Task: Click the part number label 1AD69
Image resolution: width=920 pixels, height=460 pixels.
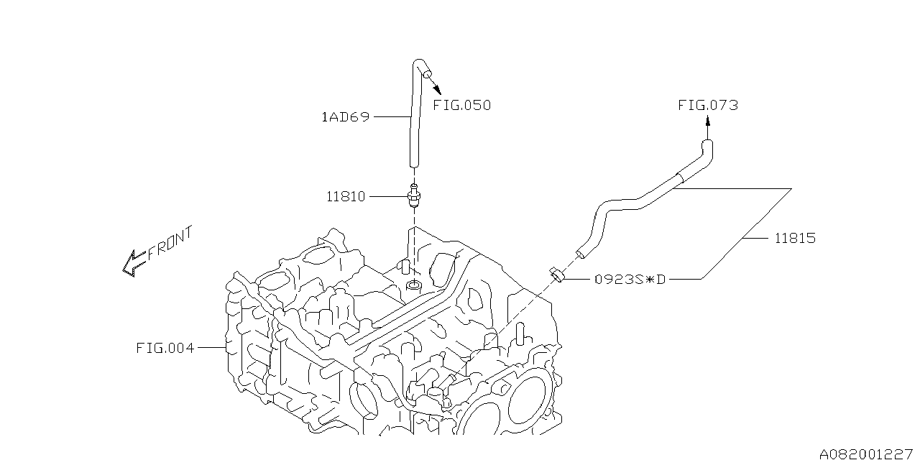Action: tap(346, 117)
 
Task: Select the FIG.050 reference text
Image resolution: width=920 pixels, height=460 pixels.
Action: tap(462, 106)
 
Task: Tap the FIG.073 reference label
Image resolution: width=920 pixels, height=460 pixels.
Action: tap(708, 106)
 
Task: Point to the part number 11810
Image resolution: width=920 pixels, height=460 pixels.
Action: tap(346, 197)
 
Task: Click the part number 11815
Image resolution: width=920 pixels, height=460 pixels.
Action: tap(795, 238)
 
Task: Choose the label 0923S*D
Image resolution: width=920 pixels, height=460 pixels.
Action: tap(630, 280)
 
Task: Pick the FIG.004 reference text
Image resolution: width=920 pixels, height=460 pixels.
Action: tap(165, 349)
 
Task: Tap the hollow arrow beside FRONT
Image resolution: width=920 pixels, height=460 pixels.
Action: tap(134, 263)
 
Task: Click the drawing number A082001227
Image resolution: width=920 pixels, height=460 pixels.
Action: tap(866, 454)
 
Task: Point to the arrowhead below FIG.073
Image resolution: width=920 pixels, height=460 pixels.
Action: tap(708, 120)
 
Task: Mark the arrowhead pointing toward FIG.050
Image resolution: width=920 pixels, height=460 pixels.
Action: tap(438, 90)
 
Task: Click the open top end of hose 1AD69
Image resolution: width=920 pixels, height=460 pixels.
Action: tap(427, 74)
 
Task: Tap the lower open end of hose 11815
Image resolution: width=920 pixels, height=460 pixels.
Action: tap(580, 254)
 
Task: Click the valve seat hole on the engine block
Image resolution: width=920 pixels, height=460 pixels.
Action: tap(413, 285)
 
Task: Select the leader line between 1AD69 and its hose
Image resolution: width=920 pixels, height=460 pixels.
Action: tap(392, 117)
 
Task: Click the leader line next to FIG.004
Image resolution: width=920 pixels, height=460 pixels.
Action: tap(212, 348)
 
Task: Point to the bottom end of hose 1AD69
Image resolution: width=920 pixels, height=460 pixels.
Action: tap(414, 165)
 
